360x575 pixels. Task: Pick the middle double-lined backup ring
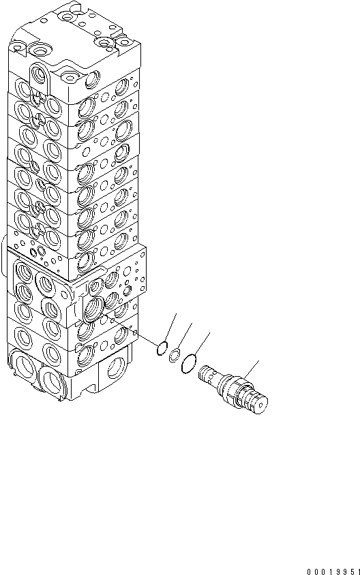coord(175,354)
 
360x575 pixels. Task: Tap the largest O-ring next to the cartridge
coord(190,365)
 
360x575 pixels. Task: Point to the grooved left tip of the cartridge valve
coord(205,375)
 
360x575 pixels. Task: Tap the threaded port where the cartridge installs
coord(93,307)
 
